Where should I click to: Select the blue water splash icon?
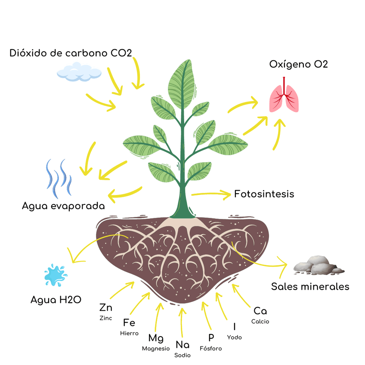tap(55, 275)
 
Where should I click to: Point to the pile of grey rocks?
tap(319, 265)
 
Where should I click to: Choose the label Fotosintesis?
tap(264, 194)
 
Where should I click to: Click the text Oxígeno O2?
tap(299, 65)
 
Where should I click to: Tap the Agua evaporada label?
tap(63, 206)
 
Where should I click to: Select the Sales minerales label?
tap(310, 287)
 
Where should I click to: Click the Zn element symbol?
tap(105, 308)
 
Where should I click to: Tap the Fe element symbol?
tap(129, 323)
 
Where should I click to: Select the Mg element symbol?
tap(155, 338)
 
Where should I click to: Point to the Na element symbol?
tap(182, 345)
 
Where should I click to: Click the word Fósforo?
tap(211, 349)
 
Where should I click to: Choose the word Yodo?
tap(235, 337)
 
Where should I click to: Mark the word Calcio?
tap(260, 322)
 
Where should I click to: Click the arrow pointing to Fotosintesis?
tap(211, 194)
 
